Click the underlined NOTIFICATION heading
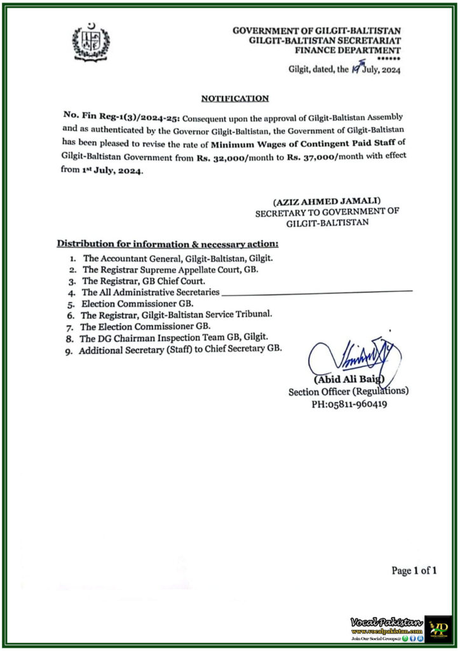pos(234,99)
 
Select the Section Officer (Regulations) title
pos(348,392)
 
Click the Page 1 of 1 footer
pos(414,571)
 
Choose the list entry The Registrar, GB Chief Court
pos(142,280)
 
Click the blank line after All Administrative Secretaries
pos(318,291)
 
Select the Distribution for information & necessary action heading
pos(168,243)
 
